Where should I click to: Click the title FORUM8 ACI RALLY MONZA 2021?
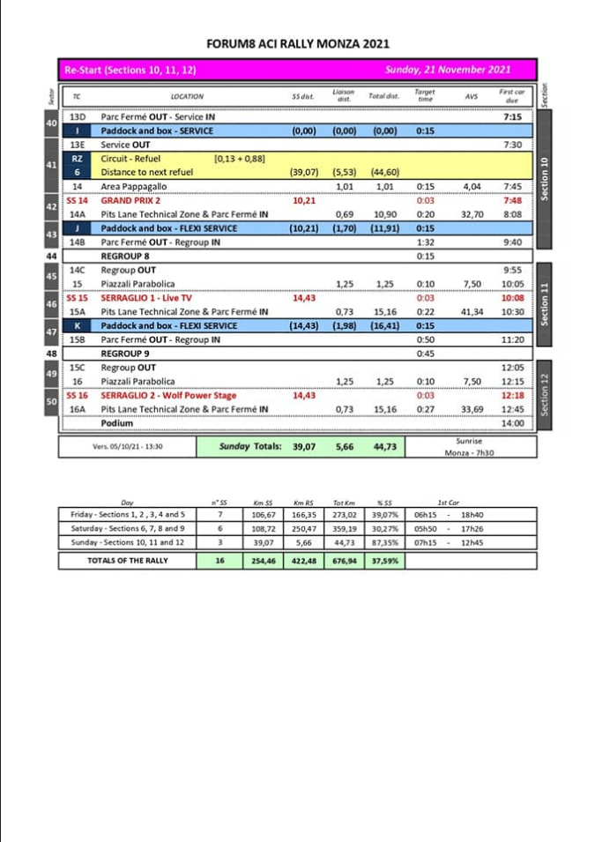point(297,43)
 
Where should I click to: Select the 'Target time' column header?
point(424,95)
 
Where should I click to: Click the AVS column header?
point(470,96)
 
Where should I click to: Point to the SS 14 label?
point(77,200)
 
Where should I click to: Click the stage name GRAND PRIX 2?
point(130,200)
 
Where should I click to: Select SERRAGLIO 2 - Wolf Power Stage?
point(160,396)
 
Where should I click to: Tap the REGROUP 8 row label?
point(125,257)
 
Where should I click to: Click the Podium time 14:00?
point(512,423)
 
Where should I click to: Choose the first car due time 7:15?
point(512,116)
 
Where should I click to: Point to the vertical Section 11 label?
point(545,304)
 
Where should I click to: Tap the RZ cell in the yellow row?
point(77,159)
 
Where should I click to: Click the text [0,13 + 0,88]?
point(240,159)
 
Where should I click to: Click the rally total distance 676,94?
point(344,561)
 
